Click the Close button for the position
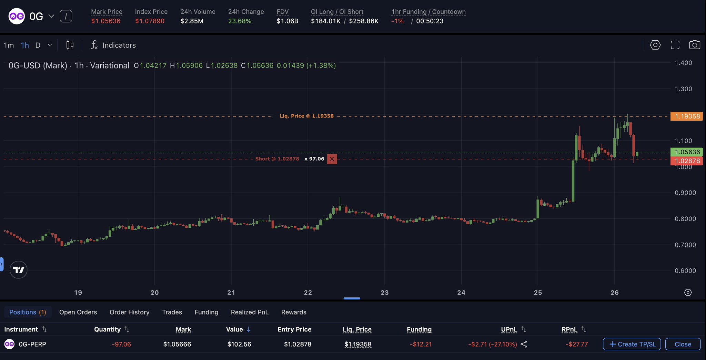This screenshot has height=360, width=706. (683, 344)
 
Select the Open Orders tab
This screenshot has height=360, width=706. (78, 312)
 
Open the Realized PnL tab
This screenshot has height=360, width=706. (250, 312)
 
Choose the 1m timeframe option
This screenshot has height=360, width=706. (9, 45)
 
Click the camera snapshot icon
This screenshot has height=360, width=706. (694, 45)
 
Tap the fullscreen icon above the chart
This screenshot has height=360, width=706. (675, 45)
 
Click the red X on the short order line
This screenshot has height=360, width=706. (332, 159)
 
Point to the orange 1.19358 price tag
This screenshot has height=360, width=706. (686, 116)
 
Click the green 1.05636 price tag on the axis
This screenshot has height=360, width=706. (686, 152)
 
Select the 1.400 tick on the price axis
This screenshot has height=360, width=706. (683, 63)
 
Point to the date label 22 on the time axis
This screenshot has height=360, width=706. (308, 292)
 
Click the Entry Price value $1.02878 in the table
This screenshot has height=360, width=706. (297, 344)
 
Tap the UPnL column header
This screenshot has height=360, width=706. (509, 329)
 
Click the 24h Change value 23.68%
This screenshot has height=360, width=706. (240, 21)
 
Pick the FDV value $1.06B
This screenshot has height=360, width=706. (287, 21)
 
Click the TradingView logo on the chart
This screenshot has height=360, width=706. (19, 270)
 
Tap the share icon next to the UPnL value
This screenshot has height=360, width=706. (524, 344)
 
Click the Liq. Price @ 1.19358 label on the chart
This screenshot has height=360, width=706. (306, 116)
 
